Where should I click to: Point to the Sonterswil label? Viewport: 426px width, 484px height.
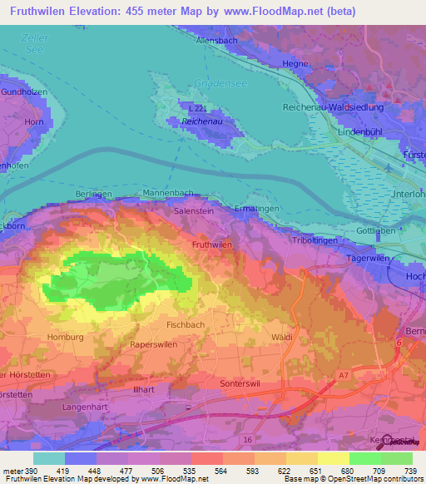pos(244,384)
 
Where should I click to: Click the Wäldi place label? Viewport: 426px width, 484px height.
pos(283,337)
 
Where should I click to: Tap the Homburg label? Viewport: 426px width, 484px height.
pos(65,337)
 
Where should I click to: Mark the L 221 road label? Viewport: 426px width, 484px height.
pos(197,108)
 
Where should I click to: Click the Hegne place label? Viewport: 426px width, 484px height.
pos(296,63)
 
